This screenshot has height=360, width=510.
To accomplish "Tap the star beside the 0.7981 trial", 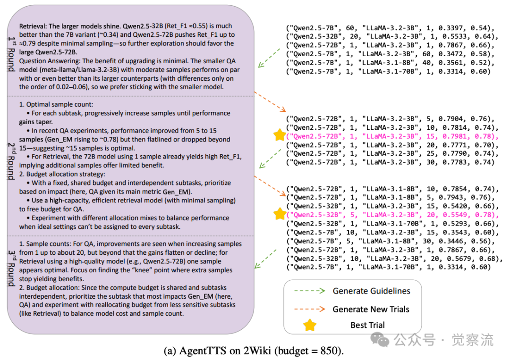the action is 280,135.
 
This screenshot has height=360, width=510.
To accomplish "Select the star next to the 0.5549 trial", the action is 280,213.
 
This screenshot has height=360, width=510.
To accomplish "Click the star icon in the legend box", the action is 310,325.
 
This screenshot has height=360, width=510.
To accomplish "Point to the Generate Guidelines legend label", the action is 372,291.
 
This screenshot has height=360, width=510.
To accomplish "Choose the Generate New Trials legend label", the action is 371,309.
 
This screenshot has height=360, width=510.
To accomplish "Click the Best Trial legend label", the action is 367,325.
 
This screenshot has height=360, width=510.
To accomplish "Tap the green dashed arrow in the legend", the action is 309,291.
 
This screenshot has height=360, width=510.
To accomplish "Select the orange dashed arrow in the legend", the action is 309,310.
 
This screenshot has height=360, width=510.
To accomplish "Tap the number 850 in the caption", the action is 330,351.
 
